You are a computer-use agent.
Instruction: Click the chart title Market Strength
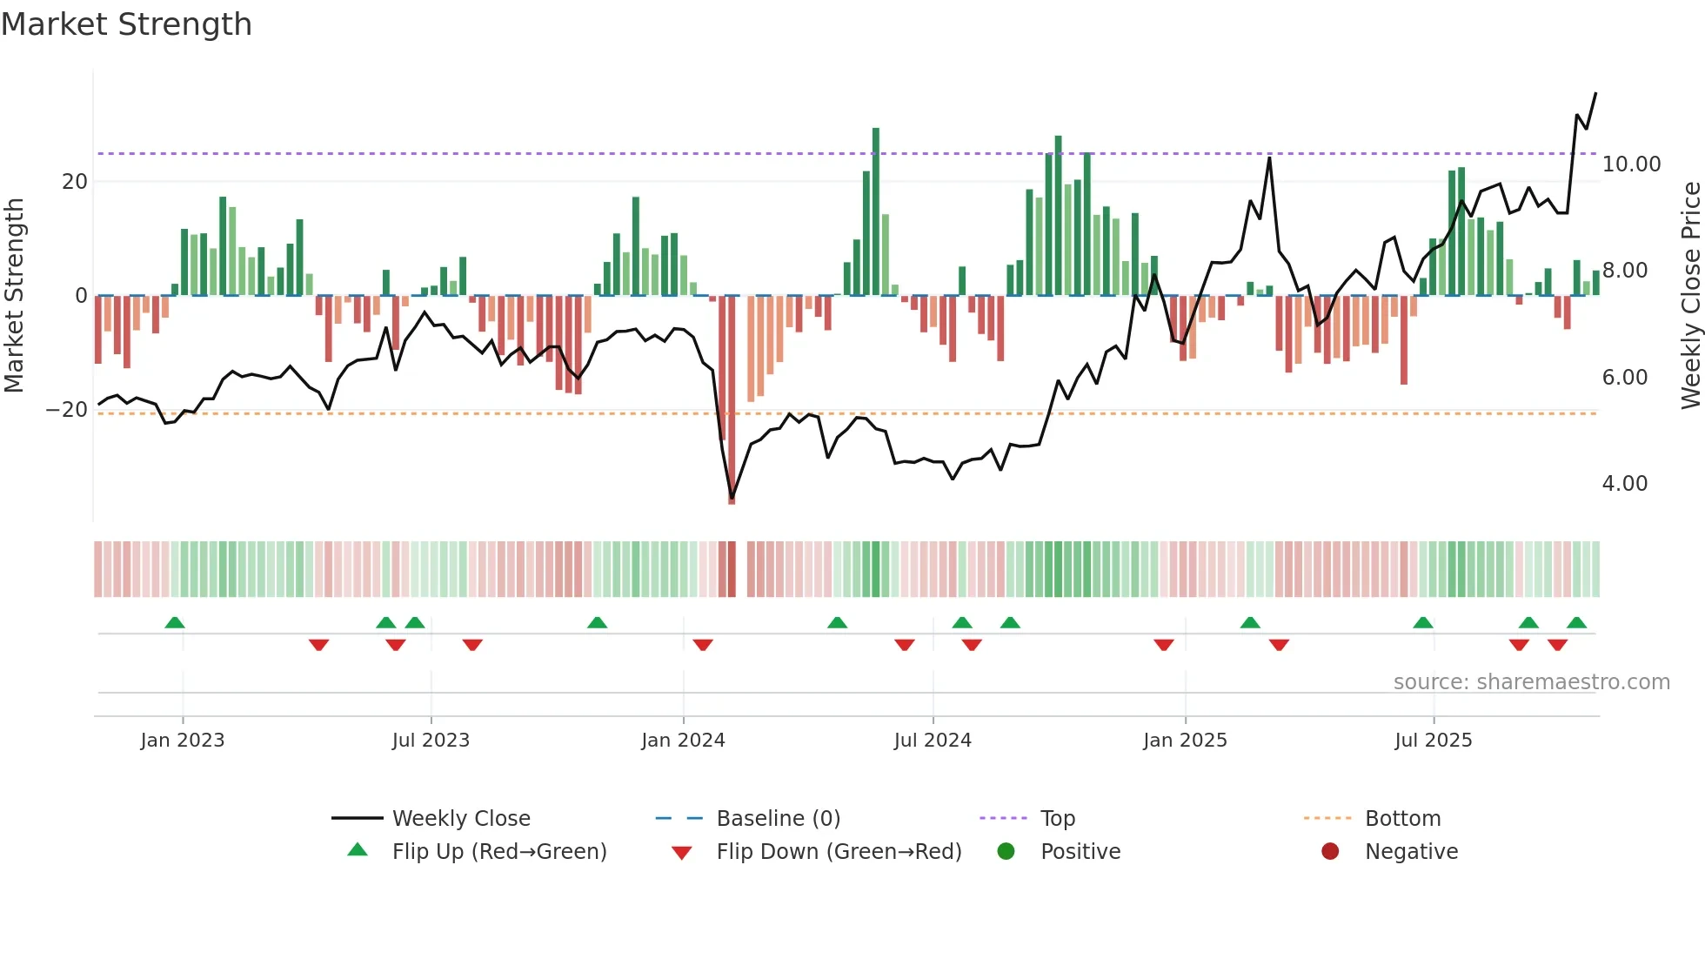[x=126, y=24]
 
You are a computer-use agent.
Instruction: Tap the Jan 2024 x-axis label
[x=683, y=741]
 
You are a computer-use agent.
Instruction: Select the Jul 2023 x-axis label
[x=431, y=741]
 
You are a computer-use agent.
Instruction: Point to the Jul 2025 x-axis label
[x=1433, y=741]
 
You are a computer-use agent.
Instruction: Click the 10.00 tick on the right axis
[x=1631, y=164]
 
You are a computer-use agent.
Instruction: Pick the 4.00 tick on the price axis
[x=1624, y=484]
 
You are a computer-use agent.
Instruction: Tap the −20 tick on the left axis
[x=67, y=410]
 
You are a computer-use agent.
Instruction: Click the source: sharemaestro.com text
[x=1531, y=682]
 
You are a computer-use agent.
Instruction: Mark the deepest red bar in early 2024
[x=732, y=400]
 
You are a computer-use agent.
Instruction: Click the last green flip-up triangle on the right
[x=1576, y=622]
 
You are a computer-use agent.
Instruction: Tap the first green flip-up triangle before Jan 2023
[x=175, y=622]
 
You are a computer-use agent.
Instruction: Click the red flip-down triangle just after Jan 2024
[x=703, y=645]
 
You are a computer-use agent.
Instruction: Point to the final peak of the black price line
[x=1595, y=93]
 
